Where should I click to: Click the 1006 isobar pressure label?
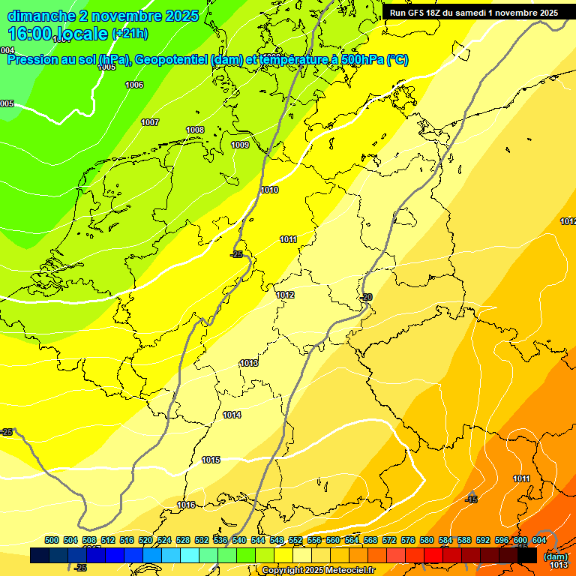click(134, 85)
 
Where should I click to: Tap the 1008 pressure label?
click(195, 130)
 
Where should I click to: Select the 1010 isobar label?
click(270, 190)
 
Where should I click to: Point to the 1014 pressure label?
click(232, 415)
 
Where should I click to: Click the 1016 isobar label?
click(186, 505)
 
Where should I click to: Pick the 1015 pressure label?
click(211, 460)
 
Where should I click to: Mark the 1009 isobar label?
click(240, 145)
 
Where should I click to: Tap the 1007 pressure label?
click(150, 123)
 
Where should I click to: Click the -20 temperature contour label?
click(366, 298)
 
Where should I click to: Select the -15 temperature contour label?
click(471, 500)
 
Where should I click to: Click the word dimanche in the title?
click(41, 16)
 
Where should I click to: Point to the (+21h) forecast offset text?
click(130, 34)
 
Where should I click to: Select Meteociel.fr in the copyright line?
click(349, 571)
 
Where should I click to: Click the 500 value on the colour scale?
click(52, 541)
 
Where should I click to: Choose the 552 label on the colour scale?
click(295, 541)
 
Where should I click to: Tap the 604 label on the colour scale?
click(538, 541)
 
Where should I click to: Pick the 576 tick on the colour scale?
click(408, 541)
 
